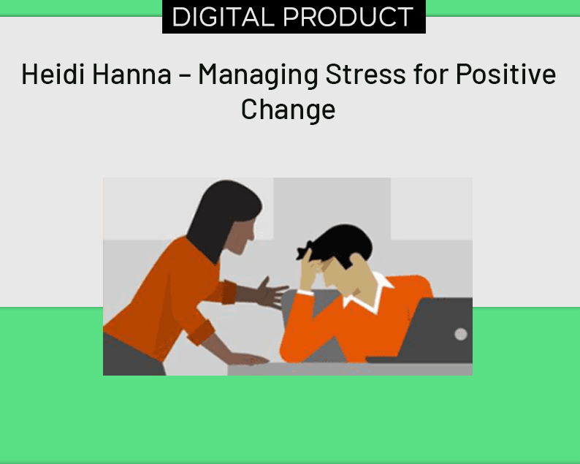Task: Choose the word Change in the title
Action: point(288,109)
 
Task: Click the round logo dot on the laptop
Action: point(460,334)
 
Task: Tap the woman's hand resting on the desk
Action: point(248,359)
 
